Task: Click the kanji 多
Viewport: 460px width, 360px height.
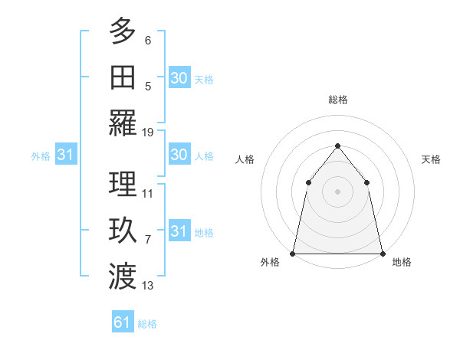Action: point(123,32)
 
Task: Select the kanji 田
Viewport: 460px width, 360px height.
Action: point(123,77)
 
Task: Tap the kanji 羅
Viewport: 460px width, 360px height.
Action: point(123,123)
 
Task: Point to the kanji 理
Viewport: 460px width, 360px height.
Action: point(123,184)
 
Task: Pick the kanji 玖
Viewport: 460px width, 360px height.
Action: point(123,230)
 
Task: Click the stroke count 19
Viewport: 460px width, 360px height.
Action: point(148,132)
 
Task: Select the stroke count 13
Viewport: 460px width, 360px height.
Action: point(148,286)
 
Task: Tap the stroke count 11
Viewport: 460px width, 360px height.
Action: point(148,193)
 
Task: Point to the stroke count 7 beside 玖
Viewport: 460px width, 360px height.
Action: point(148,240)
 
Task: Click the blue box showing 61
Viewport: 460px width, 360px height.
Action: point(123,322)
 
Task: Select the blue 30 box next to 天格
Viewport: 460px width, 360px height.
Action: point(179,77)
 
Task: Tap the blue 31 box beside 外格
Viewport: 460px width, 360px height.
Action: point(65,155)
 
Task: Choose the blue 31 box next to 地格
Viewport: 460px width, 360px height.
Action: point(179,231)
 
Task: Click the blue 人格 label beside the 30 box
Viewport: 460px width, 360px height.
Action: point(204,155)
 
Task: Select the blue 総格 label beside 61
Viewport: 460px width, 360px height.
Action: point(147,324)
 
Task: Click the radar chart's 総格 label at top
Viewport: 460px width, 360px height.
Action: point(337,100)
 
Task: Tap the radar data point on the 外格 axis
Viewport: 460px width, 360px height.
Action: point(293,254)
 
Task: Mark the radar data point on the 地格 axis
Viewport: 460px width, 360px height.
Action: point(382,254)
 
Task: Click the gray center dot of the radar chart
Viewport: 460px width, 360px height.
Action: point(337,191)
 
